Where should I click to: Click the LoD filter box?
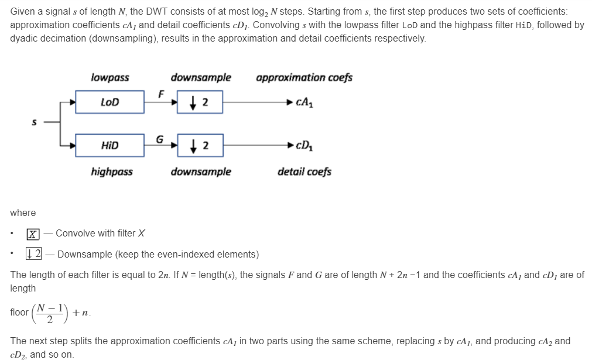click(x=109, y=102)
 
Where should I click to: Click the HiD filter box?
click(x=109, y=145)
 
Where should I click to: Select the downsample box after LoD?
click(x=199, y=102)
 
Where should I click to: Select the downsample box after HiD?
click(x=199, y=145)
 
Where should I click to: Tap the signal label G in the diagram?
click(x=159, y=139)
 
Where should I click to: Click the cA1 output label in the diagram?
click(x=304, y=102)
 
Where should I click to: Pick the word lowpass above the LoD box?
click(x=110, y=77)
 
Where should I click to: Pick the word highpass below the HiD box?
click(x=111, y=172)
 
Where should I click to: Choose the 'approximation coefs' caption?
click(x=304, y=77)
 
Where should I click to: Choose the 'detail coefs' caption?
click(x=304, y=172)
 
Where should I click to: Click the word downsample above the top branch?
click(x=200, y=77)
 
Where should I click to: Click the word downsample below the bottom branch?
click(x=200, y=172)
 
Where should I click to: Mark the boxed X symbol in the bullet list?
click(x=33, y=234)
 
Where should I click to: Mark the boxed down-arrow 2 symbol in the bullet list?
click(x=33, y=254)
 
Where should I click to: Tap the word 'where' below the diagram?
click(x=23, y=212)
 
